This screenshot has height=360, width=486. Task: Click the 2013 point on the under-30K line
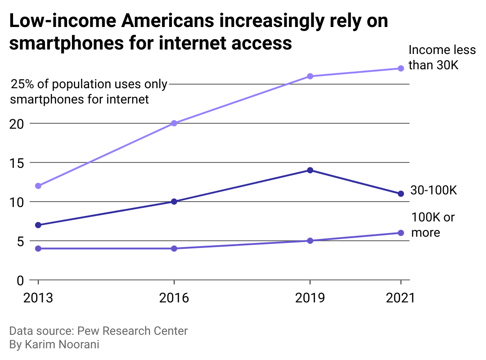(x=38, y=186)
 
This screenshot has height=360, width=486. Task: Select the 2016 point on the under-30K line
(x=174, y=123)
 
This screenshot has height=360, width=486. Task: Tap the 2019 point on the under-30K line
(x=310, y=76)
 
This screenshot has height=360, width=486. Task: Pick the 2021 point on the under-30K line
(x=400, y=68)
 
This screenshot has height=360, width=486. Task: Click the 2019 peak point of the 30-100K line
(x=310, y=170)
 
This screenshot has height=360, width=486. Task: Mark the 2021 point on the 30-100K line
(x=400, y=193)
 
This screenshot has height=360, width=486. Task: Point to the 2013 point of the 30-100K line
(x=38, y=225)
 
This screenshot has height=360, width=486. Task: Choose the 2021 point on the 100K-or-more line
(x=400, y=233)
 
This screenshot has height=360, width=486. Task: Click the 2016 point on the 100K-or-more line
(x=174, y=248)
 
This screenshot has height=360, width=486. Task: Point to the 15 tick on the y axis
(x=17, y=162)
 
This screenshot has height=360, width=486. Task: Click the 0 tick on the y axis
(x=21, y=280)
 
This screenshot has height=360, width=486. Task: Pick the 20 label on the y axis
(x=17, y=123)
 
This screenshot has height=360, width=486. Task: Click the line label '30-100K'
(x=433, y=190)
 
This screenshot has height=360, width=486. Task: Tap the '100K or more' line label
(x=433, y=225)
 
